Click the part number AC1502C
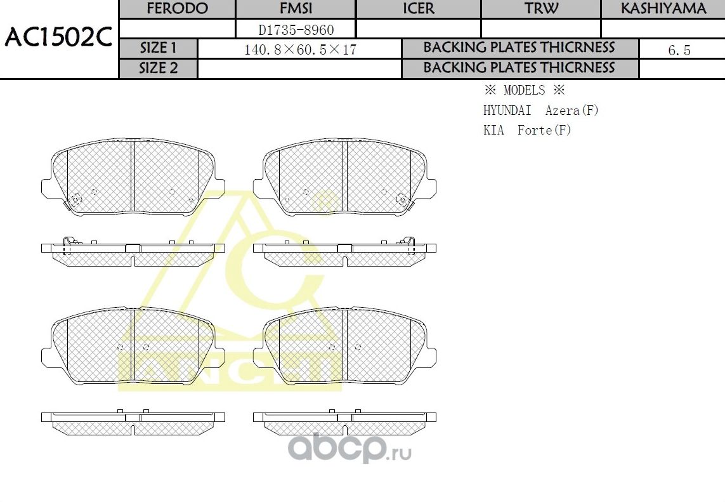58,39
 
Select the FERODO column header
177,9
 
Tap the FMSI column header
296,9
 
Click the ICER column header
419,9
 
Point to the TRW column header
541,9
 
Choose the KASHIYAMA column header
663,9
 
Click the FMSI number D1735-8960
296,29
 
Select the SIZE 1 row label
159,48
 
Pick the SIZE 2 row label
159,69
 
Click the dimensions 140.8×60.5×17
300,50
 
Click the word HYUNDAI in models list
507,110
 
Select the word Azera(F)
572,110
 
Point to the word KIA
493,130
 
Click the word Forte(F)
544,130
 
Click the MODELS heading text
524,90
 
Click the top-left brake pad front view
133,178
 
